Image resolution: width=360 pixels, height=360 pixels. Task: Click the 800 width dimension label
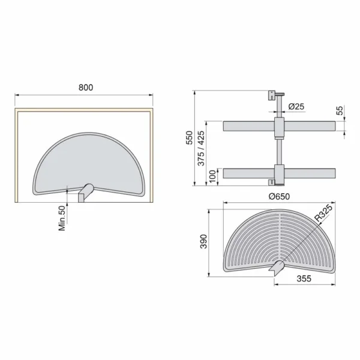(86, 87)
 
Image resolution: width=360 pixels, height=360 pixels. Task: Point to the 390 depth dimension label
(203, 241)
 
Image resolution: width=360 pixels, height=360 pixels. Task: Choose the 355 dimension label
(305, 278)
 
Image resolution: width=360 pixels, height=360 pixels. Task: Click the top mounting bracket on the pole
(274, 96)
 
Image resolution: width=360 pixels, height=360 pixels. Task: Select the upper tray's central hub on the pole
(279, 127)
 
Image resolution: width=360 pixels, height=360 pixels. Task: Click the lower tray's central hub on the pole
(279, 172)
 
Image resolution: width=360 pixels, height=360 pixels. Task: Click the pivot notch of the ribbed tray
(278, 267)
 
